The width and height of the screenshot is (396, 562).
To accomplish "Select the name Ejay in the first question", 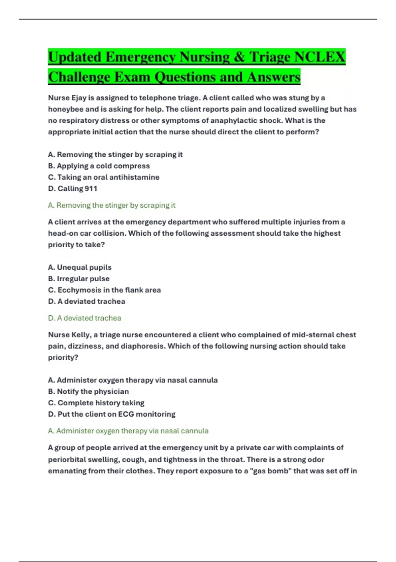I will point(79,98).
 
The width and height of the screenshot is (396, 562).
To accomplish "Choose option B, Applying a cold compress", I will point(99,166).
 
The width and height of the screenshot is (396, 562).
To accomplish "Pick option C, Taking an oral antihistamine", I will point(104,177).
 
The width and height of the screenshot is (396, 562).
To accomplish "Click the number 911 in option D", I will point(91,188).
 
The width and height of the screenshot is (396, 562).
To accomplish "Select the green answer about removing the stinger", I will point(112,205).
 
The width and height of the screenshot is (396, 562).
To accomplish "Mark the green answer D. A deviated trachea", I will point(84,318).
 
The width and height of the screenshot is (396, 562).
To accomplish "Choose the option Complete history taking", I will point(96,403).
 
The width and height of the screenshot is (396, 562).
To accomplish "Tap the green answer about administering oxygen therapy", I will point(128,431).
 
